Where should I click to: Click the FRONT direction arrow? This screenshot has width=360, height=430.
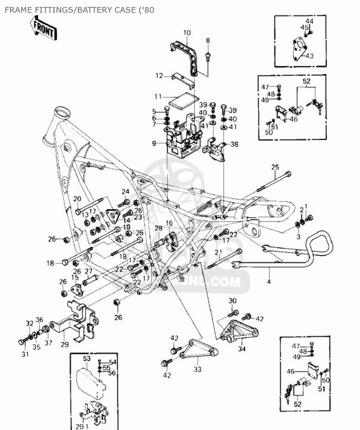44,28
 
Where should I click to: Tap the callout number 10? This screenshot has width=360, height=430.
187,33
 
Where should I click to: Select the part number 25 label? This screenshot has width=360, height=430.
275,167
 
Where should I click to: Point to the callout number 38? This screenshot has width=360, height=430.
234,144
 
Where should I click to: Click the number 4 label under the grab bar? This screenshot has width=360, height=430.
268,282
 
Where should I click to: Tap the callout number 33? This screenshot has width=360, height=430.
198,370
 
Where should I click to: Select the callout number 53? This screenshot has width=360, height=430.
87,358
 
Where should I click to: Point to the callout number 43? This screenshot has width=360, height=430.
309,56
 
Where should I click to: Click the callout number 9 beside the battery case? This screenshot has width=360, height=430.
153,143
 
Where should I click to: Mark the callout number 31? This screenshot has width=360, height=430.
25,355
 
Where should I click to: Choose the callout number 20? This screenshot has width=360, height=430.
77,199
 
